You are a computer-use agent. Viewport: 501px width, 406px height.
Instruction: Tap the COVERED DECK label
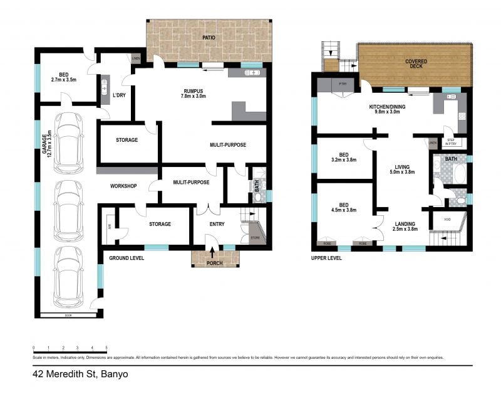point(416,62)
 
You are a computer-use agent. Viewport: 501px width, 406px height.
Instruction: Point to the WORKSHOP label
point(123,186)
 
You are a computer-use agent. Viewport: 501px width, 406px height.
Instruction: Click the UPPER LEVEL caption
point(326,258)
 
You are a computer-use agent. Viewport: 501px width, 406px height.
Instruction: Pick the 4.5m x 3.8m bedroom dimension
point(343,210)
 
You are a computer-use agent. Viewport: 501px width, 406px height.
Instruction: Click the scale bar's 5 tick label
point(106,347)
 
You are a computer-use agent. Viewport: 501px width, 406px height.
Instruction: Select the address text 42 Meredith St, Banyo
point(76,375)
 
